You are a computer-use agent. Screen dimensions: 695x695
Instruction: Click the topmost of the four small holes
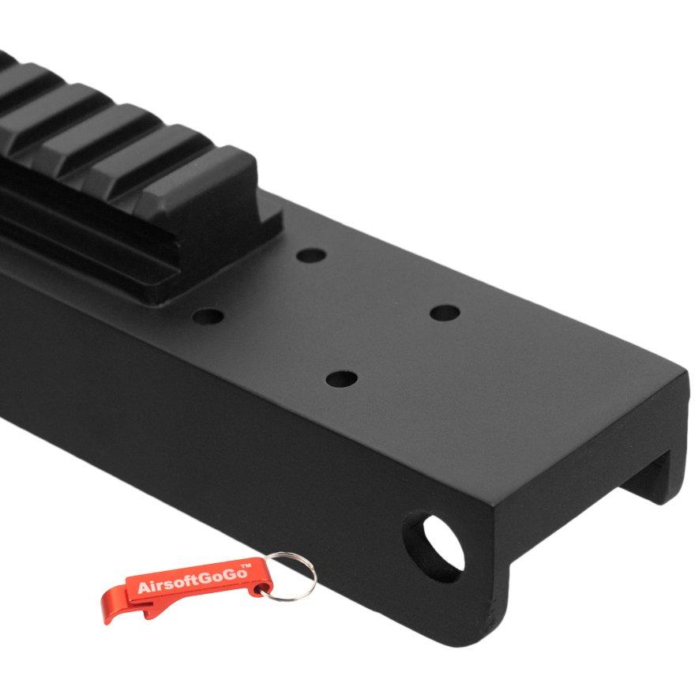[x=311, y=256]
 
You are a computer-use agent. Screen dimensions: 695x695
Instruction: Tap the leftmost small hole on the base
[x=208, y=317]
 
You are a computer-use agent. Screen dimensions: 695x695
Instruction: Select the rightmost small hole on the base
[x=445, y=314]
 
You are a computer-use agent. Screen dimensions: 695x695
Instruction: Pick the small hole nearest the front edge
[x=341, y=379]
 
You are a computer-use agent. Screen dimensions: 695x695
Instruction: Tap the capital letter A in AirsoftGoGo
[x=144, y=588]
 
